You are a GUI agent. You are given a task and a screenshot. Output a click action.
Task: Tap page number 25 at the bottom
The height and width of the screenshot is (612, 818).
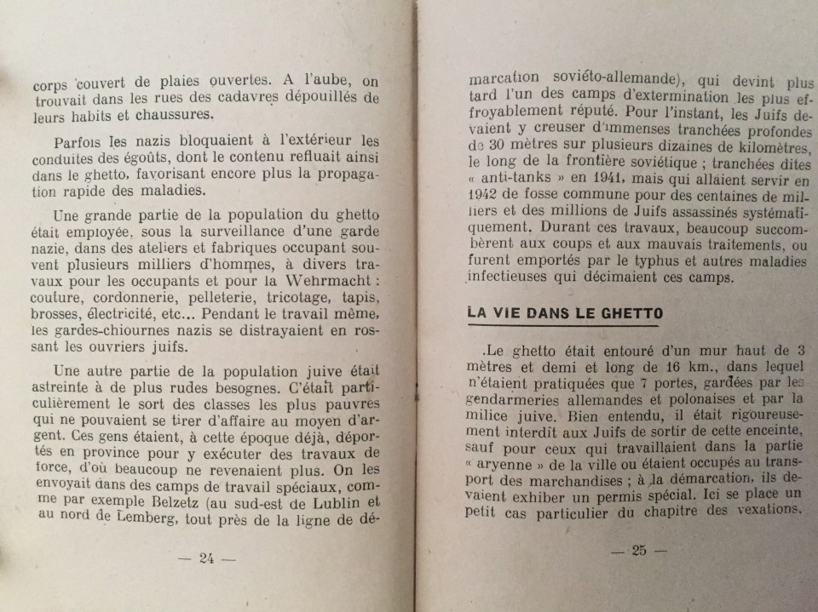point(639,550)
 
